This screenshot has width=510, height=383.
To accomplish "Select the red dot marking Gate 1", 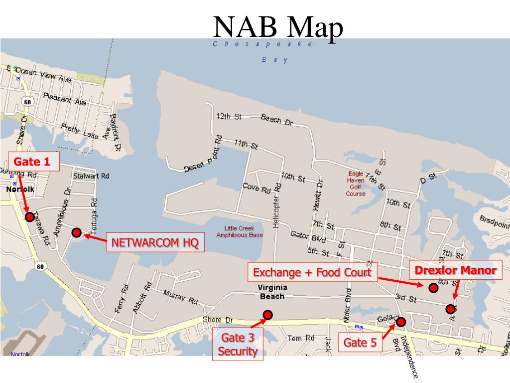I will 30,217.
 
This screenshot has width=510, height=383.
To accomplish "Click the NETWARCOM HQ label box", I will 155,243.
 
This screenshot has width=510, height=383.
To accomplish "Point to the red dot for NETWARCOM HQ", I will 76,232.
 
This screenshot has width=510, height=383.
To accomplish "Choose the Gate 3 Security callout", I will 238,345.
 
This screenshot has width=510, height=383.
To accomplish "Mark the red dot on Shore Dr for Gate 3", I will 268,315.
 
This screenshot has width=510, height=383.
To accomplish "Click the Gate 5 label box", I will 360,343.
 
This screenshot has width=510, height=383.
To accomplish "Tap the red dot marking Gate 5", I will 401,322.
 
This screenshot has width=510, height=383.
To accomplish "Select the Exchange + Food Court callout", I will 312,273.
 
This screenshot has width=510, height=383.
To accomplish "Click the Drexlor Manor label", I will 456,271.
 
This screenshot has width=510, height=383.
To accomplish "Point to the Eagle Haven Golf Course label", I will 356,184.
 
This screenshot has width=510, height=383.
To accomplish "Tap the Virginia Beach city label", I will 271,292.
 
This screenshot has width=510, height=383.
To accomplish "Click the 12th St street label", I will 229,117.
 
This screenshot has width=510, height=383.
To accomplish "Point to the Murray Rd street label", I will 180,297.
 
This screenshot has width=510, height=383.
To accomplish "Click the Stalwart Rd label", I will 91,176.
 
